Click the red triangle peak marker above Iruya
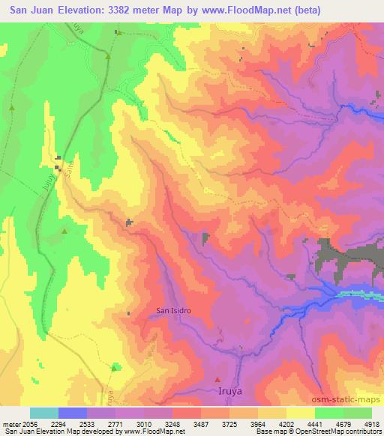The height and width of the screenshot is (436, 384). tap(217, 378)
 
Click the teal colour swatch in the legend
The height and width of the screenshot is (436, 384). tap(44, 413)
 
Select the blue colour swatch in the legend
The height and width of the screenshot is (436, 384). tap(72, 413)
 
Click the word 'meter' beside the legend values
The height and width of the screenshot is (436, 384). tap(10, 424)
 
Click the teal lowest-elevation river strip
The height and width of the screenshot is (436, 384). tap(360, 294)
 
